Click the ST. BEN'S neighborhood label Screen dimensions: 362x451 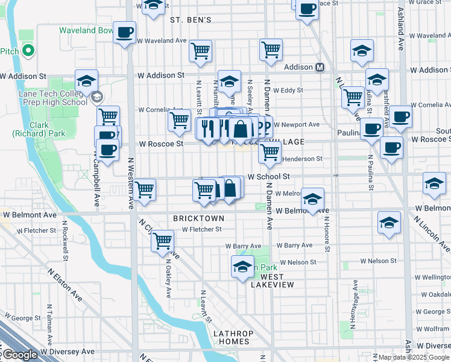[x=191, y=20]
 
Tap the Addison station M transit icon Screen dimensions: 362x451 [x=320, y=67]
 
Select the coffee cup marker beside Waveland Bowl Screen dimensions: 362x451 [x=124, y=33]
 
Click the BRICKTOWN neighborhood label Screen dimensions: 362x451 [x=198, y=218]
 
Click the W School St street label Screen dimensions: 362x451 [x=269, y=177]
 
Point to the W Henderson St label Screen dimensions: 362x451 [x=302, y=159]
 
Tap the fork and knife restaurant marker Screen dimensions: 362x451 [x=207, y=129]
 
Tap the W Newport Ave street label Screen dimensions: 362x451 [x=297, y=125]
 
